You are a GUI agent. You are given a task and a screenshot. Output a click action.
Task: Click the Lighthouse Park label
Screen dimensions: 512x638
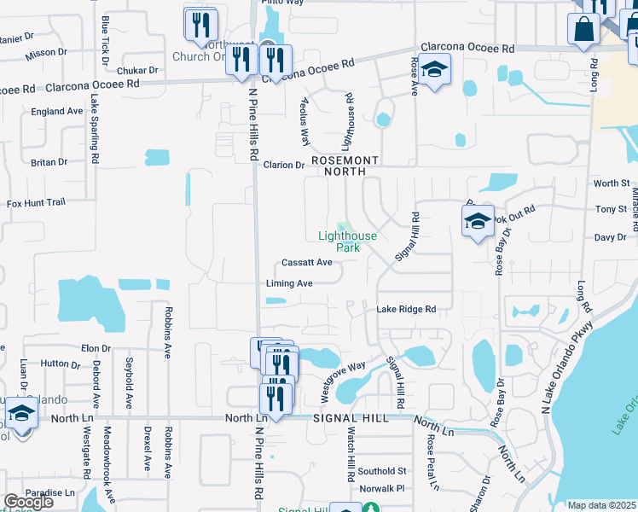point(347,241)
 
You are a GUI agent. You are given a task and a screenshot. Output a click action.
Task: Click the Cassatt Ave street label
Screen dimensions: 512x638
point(306,263)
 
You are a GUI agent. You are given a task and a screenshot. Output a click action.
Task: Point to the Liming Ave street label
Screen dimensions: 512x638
point(289,283)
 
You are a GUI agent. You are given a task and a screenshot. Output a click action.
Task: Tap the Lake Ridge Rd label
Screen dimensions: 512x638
point(406,310)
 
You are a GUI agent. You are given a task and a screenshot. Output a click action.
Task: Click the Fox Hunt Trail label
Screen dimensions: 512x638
point(36,203)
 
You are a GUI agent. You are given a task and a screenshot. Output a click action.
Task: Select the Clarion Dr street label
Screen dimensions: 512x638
point(284,166)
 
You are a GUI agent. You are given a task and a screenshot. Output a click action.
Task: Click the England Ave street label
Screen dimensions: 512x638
point(56,112)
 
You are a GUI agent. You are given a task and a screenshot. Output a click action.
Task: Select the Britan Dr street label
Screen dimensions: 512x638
point(49,162)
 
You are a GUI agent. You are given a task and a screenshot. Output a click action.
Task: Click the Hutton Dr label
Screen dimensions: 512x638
point(60,364)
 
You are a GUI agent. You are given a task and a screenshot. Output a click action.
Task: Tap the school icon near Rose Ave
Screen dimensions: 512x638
point(434,69)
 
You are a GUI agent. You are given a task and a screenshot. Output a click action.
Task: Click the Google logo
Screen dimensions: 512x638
point(28,502)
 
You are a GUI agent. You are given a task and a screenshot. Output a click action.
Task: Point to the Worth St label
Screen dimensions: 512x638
point(611,183)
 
